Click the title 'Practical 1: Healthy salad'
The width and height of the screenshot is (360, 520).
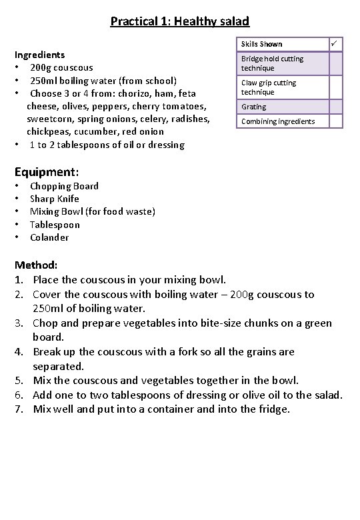click(180, 21)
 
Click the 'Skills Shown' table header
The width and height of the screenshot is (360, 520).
click(262, 44)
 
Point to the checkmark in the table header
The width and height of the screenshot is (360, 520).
click(335, 44)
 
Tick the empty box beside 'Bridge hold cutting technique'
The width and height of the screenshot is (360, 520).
click(335, 63)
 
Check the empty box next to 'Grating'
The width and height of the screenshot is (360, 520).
click(335, 107)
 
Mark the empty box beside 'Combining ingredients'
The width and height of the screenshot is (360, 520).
click(335, 121)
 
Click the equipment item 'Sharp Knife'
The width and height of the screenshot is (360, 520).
click(55, 199)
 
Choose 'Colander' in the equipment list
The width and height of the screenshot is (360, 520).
click(49, 237)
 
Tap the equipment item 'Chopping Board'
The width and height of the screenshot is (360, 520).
click(64, 186)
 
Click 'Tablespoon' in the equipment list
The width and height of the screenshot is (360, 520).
click(55, 225)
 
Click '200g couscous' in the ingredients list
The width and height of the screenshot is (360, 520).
click(61, 67)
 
